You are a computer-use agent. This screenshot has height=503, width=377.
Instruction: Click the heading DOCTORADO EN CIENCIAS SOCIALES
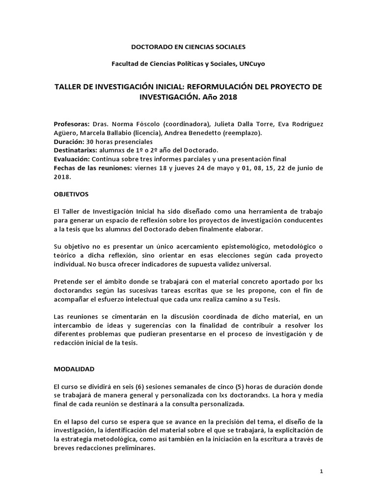coord(188,47)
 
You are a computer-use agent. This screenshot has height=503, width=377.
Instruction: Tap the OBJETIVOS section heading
coord(71,194)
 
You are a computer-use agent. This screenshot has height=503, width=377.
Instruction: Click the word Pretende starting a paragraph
coord(68,281)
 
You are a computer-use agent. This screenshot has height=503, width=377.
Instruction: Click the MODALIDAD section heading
coord(74,368)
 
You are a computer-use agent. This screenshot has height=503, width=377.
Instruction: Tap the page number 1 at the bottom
coord(321,471)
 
